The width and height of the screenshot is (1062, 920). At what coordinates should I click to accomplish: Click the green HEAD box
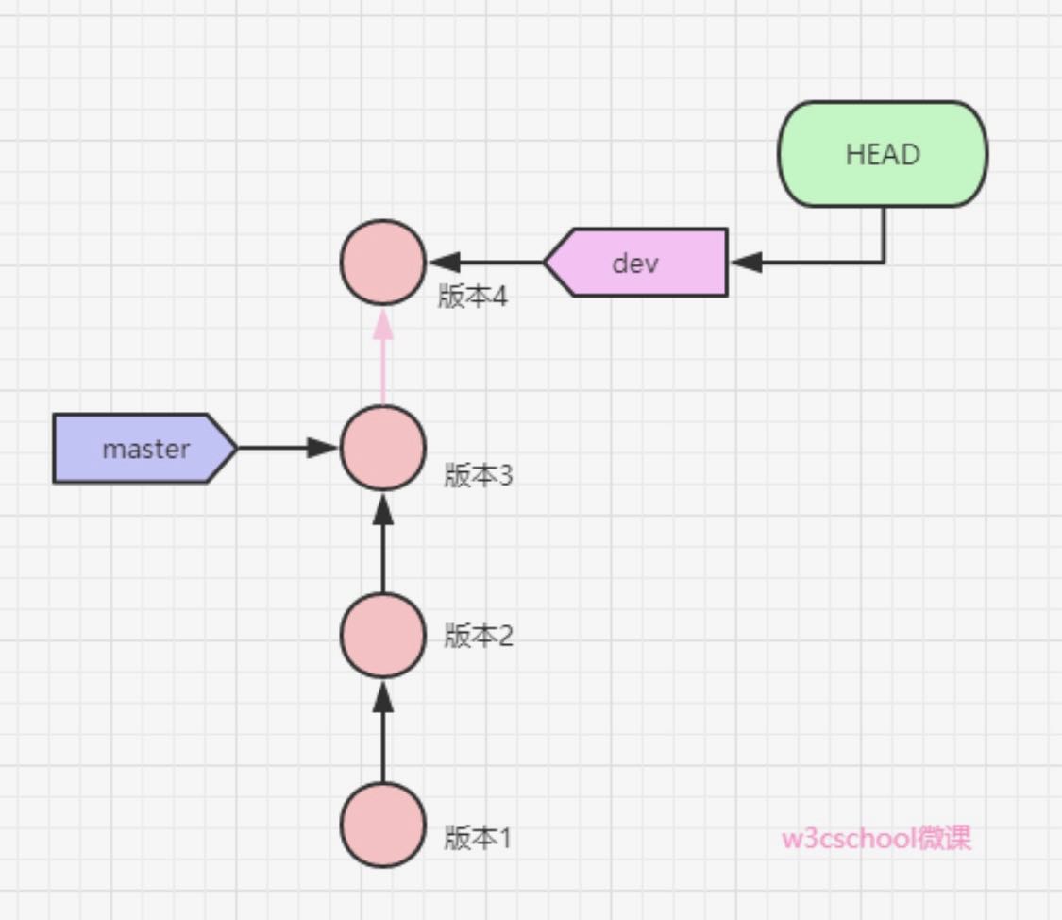coord(882,154)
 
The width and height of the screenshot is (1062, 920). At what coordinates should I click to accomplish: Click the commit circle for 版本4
coord(383,262)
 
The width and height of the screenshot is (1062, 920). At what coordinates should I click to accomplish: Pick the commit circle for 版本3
coord(383,448)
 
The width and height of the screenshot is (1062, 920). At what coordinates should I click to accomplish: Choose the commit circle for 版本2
coord(383,635)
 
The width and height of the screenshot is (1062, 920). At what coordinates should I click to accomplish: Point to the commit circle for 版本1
coord(383,825)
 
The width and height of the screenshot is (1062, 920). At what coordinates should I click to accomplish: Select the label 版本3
coord(479,475)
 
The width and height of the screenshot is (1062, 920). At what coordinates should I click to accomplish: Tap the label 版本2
coord(479,636)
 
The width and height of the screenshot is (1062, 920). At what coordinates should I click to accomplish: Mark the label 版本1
coord(478,837)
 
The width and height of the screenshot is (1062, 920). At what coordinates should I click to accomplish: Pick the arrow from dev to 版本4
coord(485,262)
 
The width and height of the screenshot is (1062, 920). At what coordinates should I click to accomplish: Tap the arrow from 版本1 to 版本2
coord(383,731)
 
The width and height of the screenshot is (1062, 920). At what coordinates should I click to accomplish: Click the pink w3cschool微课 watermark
coord(876,838)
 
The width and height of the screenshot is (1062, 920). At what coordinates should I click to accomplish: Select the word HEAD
coord(882,154)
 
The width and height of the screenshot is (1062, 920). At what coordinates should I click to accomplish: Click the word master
coord(145,449)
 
